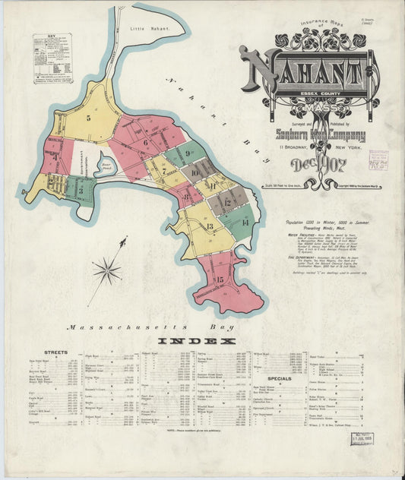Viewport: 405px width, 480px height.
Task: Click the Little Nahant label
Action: point(147,28)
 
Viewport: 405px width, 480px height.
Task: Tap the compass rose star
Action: point(107,270)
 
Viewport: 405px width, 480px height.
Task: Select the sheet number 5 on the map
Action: point(88,117)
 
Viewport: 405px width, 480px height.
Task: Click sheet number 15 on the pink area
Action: point(219,280)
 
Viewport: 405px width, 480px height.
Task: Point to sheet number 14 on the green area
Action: point(245,222)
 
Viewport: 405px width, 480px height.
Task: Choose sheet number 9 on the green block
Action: point(188,152)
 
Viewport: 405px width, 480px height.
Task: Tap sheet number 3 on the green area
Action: point(80,191)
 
